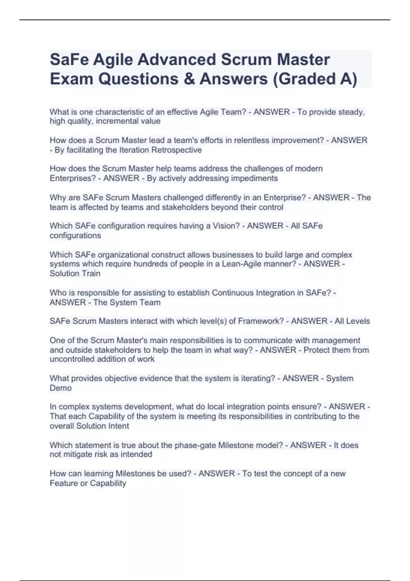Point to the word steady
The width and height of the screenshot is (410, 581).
point(351,112)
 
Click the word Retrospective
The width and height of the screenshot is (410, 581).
point(176,150)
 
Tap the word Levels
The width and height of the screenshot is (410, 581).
point(357,321)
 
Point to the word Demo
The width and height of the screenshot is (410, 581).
point(60,388)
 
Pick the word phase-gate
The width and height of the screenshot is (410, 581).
point(195,445)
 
